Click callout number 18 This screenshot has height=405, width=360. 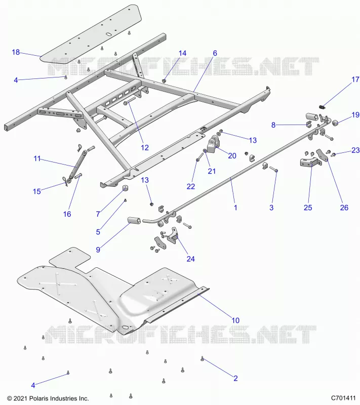pyautogui.click(x=16, y=52)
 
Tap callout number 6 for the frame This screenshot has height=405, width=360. pyautogui.click(x=215, y=53)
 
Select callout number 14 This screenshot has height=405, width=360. pyautogui.click(x=182, y=53)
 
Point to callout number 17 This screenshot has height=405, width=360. pyautogui.click(x=355, y=79)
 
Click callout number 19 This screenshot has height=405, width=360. pyautogui.click(x=355, y=115)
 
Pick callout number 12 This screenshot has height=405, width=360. pyautogui.click(x=145, y=147)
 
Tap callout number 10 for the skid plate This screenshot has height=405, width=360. pyautogui.click(x=235, y=320)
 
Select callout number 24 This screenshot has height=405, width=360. pyautogui.click(x=190, y=259)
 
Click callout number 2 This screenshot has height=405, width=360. pyautogui.click(x=235, y=378)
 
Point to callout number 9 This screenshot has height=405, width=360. pyautogui.click(x=98, y=250)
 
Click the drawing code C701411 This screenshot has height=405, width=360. pyautogui.click(x=343, y=398)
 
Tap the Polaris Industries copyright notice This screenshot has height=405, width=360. pyautogui.click(x=48, y=398)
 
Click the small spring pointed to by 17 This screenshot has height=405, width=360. pyautogui.click(x=322, y=107)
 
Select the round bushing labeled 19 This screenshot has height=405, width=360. pyautogui.click(x=336, y=123)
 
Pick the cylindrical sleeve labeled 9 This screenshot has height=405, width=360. pyautogui.click(x=134, y=221)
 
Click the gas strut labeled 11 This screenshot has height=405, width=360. pyautogui.click(x=76, y=163)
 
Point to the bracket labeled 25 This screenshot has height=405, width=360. pyautogui.click(x=311, y=162)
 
